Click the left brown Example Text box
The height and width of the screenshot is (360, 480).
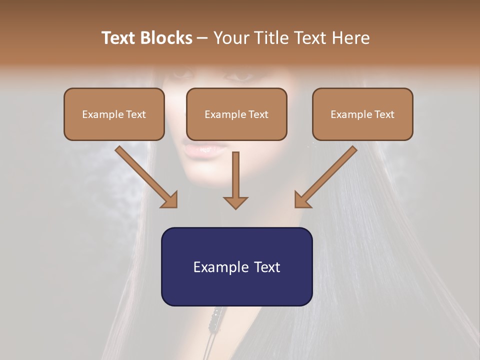[x=114, y=114]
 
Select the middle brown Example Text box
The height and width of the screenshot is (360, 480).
[x=236, y=114]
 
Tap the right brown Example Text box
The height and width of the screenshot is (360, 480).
[x=362, y=114]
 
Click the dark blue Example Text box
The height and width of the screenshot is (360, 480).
[x=236, y=266]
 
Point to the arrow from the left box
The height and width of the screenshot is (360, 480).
[x=144, y=175]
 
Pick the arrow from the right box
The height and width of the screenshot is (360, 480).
[x=327, y=175]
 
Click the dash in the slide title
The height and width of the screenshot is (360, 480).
[x=202, y=38]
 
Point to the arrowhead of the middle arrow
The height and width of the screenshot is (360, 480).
[x=235, y=202]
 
